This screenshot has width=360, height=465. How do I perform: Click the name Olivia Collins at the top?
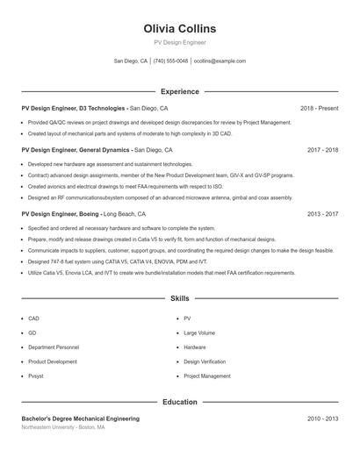click(180, 29)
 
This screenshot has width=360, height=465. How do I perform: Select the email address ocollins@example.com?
click(220, 61)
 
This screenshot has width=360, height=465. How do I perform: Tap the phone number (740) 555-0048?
click(170, 61)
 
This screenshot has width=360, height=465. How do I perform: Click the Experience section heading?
click(180, 91)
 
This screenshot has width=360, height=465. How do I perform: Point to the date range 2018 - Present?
click(319, 108)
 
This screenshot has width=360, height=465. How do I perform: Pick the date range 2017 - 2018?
click(322, 150)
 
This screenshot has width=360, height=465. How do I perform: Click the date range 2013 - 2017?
click(322, 213)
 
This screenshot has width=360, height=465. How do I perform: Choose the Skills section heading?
click(180, 298)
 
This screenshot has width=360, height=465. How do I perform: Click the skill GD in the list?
click(32, 333)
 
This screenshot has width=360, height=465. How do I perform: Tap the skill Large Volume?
click(199, 333)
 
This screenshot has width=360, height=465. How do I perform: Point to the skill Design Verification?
click(205, 361)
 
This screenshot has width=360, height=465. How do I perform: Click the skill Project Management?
click(207, 376)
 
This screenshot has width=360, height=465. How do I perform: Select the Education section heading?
click(180, 402)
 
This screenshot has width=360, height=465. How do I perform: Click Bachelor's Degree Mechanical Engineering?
click(80, 418)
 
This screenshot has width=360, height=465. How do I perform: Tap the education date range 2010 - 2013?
click(322, 418)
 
